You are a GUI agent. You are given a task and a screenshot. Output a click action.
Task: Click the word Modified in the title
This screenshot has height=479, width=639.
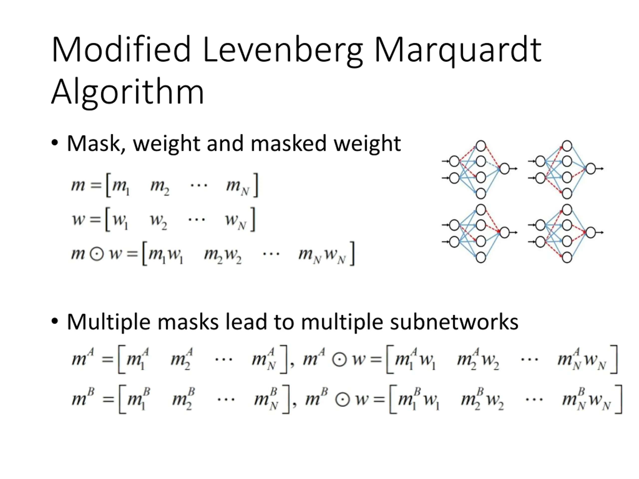121,50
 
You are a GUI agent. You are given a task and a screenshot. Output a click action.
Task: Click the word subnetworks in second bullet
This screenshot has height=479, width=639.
454,322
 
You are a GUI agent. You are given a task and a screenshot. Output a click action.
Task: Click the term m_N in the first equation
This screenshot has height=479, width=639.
237,186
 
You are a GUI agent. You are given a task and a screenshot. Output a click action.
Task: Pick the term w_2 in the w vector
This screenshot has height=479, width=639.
158,221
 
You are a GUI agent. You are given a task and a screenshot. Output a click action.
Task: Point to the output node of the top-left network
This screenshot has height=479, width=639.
504,169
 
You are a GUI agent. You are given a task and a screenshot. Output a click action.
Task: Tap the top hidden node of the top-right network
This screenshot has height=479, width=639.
567,146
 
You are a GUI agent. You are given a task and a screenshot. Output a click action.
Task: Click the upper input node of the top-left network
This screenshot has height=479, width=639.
454,161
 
